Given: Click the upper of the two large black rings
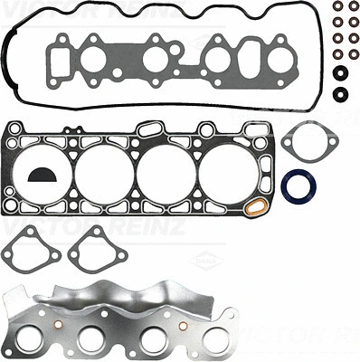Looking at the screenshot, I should tap(339, 72).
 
